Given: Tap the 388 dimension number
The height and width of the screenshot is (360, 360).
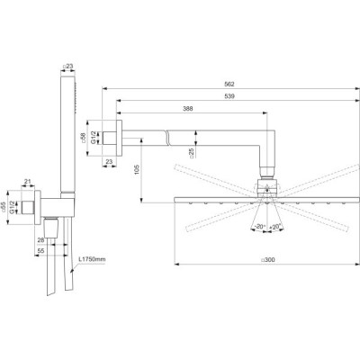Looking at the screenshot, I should tap(187, 108).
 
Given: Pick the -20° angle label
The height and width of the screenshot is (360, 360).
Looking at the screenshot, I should tap(259, 226).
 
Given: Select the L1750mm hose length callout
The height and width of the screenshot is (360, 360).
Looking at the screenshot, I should tap(90, 260).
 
